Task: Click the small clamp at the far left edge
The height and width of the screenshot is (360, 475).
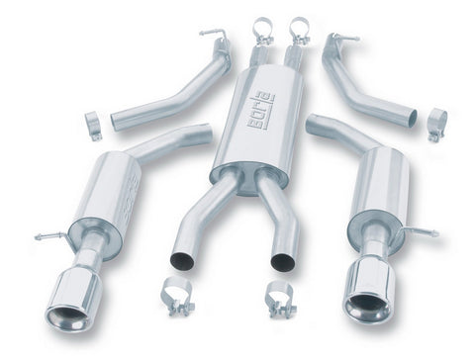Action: click(93, 126)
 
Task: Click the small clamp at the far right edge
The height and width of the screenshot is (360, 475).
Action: click(436, 123)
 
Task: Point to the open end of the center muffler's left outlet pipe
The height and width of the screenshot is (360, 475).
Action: click(181, 261)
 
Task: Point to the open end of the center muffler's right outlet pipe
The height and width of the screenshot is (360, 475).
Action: click(283, 262)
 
